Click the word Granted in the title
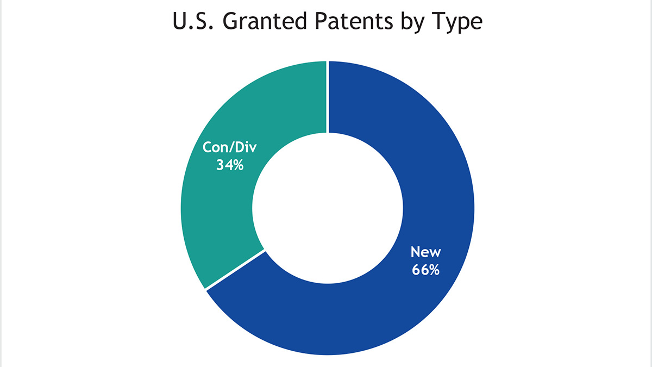pyautogui.click(x=265, y=21)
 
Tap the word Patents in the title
pyautogui.click(x=354, y=21)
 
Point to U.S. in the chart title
pyautogui.click(x=193, y=21)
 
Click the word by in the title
pyautogui.click(x=412, y=22)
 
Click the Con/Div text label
pyautogui.click(x=230, y=147)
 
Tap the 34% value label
pyautogui.click(x=230, y=165)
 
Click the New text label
pyautogui.click(x=425, y=252)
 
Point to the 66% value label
pyautogui.click(x=425, y=270)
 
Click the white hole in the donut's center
pyautogui.click(x=328, y=208)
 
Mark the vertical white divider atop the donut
pyautogui.click(x=328, y=97)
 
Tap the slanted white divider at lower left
pyautogui.click(x=235, y=270)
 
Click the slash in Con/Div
pyautogui.click(x=230, y=147)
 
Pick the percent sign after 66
pyautogui.click(x=434, y=270)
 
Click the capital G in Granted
pyautogui.click(x=231, y=21)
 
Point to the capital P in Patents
pyautogui.click(x=322, y=21)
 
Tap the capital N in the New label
pyautogui.click(x=416, y=252)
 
